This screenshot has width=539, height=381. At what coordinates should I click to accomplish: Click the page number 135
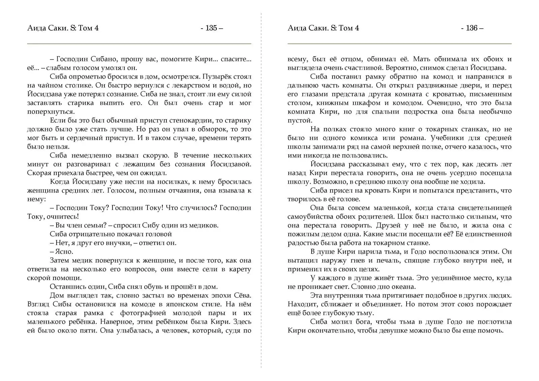pyautogui.click(x=211, y=28)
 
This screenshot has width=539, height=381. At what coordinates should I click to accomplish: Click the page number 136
pyautogui.click(x=472, y=28)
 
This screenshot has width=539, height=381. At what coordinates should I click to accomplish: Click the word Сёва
pyautogui.click(x=242, y=295)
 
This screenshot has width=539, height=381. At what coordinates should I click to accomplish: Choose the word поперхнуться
pyautogui.click(x=51, y=112)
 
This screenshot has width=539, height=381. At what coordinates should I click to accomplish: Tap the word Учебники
pyautogui.click(x=467, y=138)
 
